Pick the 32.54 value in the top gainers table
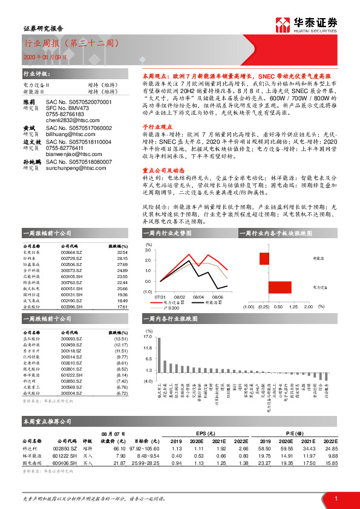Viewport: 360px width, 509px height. (122, 253)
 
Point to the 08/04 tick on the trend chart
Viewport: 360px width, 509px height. (198, 297)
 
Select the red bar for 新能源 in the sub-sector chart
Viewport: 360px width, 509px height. (264, 259)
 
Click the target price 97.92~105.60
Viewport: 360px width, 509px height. (140, 449)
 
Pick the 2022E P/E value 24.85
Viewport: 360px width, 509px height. (330, 449)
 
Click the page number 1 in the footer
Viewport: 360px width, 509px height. (336, 498)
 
